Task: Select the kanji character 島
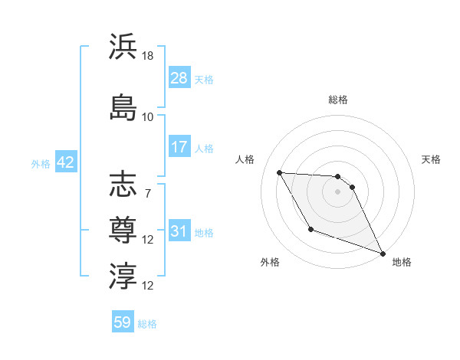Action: point(123,107)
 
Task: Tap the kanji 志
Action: point(123,185)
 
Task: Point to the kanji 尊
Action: point(123,229)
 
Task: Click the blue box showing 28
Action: point(179,78)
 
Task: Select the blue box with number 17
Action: point(179,147)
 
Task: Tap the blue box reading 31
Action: point(179,231)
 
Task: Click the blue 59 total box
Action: point(123,322)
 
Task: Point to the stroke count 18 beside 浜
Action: point(148,56)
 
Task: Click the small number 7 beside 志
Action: point(148,193)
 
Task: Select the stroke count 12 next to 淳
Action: point(148,286)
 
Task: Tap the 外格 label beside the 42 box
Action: point(41,163)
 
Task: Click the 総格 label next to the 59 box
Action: point(147,324)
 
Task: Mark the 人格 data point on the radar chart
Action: point(279,172)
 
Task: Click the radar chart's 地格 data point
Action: point(383,254)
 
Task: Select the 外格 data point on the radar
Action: point(310,229)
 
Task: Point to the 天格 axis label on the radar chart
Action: point(432,159)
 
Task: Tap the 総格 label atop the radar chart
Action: point(337,100)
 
